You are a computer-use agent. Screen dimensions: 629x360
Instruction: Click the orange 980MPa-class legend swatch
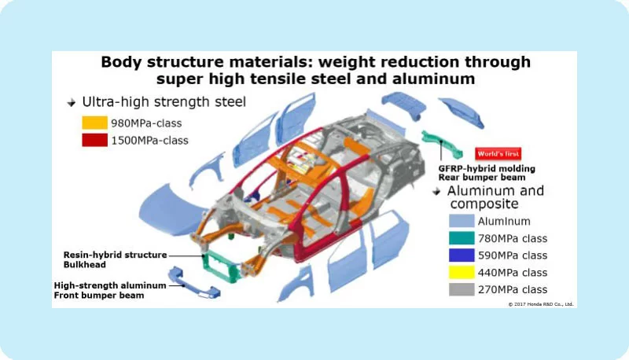click(94, 123)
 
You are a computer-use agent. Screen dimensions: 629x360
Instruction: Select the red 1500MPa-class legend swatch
click(94, 140)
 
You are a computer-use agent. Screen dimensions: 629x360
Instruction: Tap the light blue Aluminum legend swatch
click(462, 221)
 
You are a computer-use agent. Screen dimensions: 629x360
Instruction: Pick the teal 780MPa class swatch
click(462, 238)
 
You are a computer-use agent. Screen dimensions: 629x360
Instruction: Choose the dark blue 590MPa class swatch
click(462, 255)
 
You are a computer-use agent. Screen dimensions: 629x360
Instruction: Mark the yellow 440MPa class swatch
click(462, 272)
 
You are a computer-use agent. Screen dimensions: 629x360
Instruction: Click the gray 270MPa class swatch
click(462, 289)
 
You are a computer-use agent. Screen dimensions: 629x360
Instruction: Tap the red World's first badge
click(498, 154)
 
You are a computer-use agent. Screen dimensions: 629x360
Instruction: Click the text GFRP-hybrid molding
click(487, 169)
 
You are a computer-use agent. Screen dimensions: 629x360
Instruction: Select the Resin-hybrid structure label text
click(115, 255)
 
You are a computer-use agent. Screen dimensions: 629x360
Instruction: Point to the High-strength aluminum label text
click(110, 285)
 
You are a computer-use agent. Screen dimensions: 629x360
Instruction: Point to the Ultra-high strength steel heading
click(164, 102)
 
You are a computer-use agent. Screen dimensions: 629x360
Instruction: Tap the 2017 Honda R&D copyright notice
click(541, 304)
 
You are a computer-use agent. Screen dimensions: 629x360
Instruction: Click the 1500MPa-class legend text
click(149, 141)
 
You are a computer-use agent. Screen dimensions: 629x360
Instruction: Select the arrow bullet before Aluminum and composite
click(436, 192)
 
